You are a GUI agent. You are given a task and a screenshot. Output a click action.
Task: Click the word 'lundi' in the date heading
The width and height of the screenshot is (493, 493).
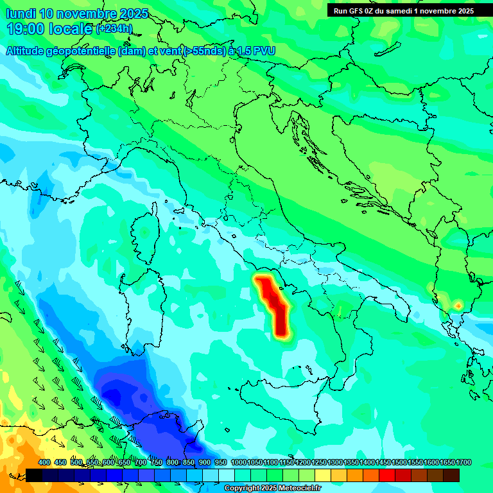click(21, 13)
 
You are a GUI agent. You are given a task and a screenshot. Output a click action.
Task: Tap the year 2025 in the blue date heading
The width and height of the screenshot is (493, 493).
click(133, 13)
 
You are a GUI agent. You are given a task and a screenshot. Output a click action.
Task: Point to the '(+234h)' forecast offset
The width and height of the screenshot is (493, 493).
click(114, 29)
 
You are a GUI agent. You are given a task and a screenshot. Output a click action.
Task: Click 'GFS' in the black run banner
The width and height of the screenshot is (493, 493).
click(362, 10)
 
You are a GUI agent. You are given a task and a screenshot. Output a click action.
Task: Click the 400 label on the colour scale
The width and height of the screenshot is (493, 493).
click(44, 463)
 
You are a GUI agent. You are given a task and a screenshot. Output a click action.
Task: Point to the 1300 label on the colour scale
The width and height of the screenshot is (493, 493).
click(335, 463)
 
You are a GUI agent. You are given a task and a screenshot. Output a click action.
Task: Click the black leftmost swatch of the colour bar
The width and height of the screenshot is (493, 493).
click(34, 475)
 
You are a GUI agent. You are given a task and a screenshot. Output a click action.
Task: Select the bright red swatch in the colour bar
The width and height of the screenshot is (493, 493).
click(387, 475)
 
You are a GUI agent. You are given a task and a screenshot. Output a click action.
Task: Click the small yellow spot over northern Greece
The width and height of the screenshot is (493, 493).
click(458, 305)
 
